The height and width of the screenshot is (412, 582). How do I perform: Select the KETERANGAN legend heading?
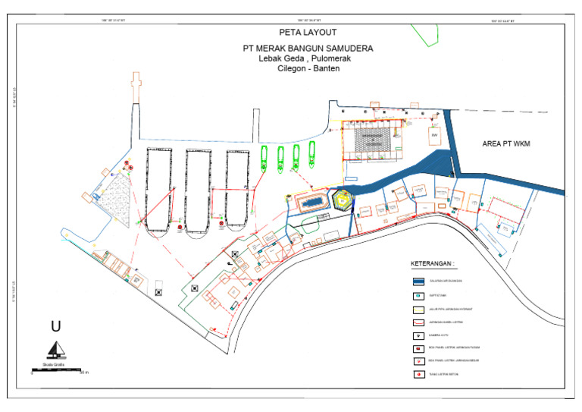[433, 265]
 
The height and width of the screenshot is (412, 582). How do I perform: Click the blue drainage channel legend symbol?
[418, 280]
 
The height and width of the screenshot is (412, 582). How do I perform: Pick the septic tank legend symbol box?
[418, 295]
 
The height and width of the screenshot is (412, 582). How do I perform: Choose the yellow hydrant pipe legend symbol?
[418, 310]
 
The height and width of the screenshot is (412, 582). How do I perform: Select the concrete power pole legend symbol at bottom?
[418, 374]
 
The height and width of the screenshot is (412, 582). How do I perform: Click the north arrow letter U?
[55, 327]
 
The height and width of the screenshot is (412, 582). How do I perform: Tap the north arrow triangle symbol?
[55, 350]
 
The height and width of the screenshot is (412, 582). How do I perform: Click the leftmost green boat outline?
[264, 157]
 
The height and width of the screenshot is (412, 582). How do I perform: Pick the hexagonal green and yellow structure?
[343, 200]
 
